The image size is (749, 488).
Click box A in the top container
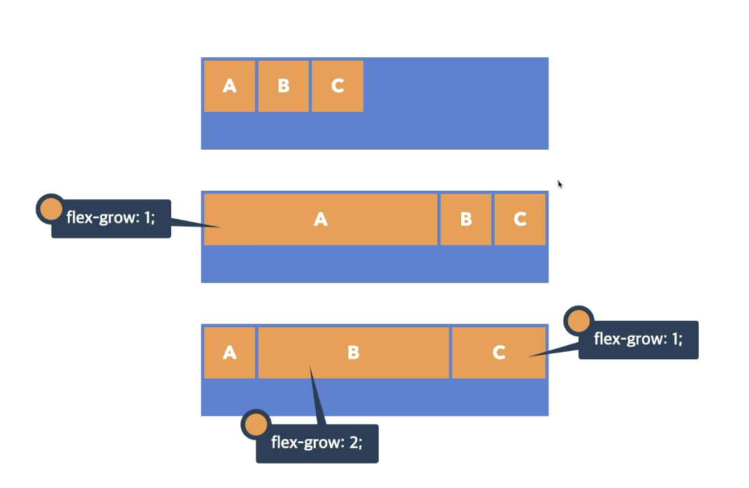pos(229,86)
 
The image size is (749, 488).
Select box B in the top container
pos(283,86)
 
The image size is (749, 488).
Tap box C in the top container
pos(337,86)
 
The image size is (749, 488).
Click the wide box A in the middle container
pos(320,220)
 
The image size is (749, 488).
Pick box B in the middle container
pos(466,220)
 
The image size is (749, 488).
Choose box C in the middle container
pos(520,220)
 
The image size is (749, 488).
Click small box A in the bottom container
pos(229,352)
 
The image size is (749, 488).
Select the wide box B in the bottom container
pos(354,352)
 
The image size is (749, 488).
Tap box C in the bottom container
pos(498,352)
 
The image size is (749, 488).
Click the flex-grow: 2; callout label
pos(317,443)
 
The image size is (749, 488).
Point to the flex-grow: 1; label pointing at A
pos(111,218)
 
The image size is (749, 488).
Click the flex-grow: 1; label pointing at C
pos(639,340)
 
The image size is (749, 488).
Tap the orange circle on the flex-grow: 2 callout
pos(256,424)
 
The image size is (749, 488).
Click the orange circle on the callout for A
pos(51,209)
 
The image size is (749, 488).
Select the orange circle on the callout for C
pos(579,322)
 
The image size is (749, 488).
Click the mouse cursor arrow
pos(560,184)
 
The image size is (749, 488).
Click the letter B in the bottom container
pos(354,353)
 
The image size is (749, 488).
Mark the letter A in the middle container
pos(320,220)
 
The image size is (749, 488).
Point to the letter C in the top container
pos(337,86)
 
